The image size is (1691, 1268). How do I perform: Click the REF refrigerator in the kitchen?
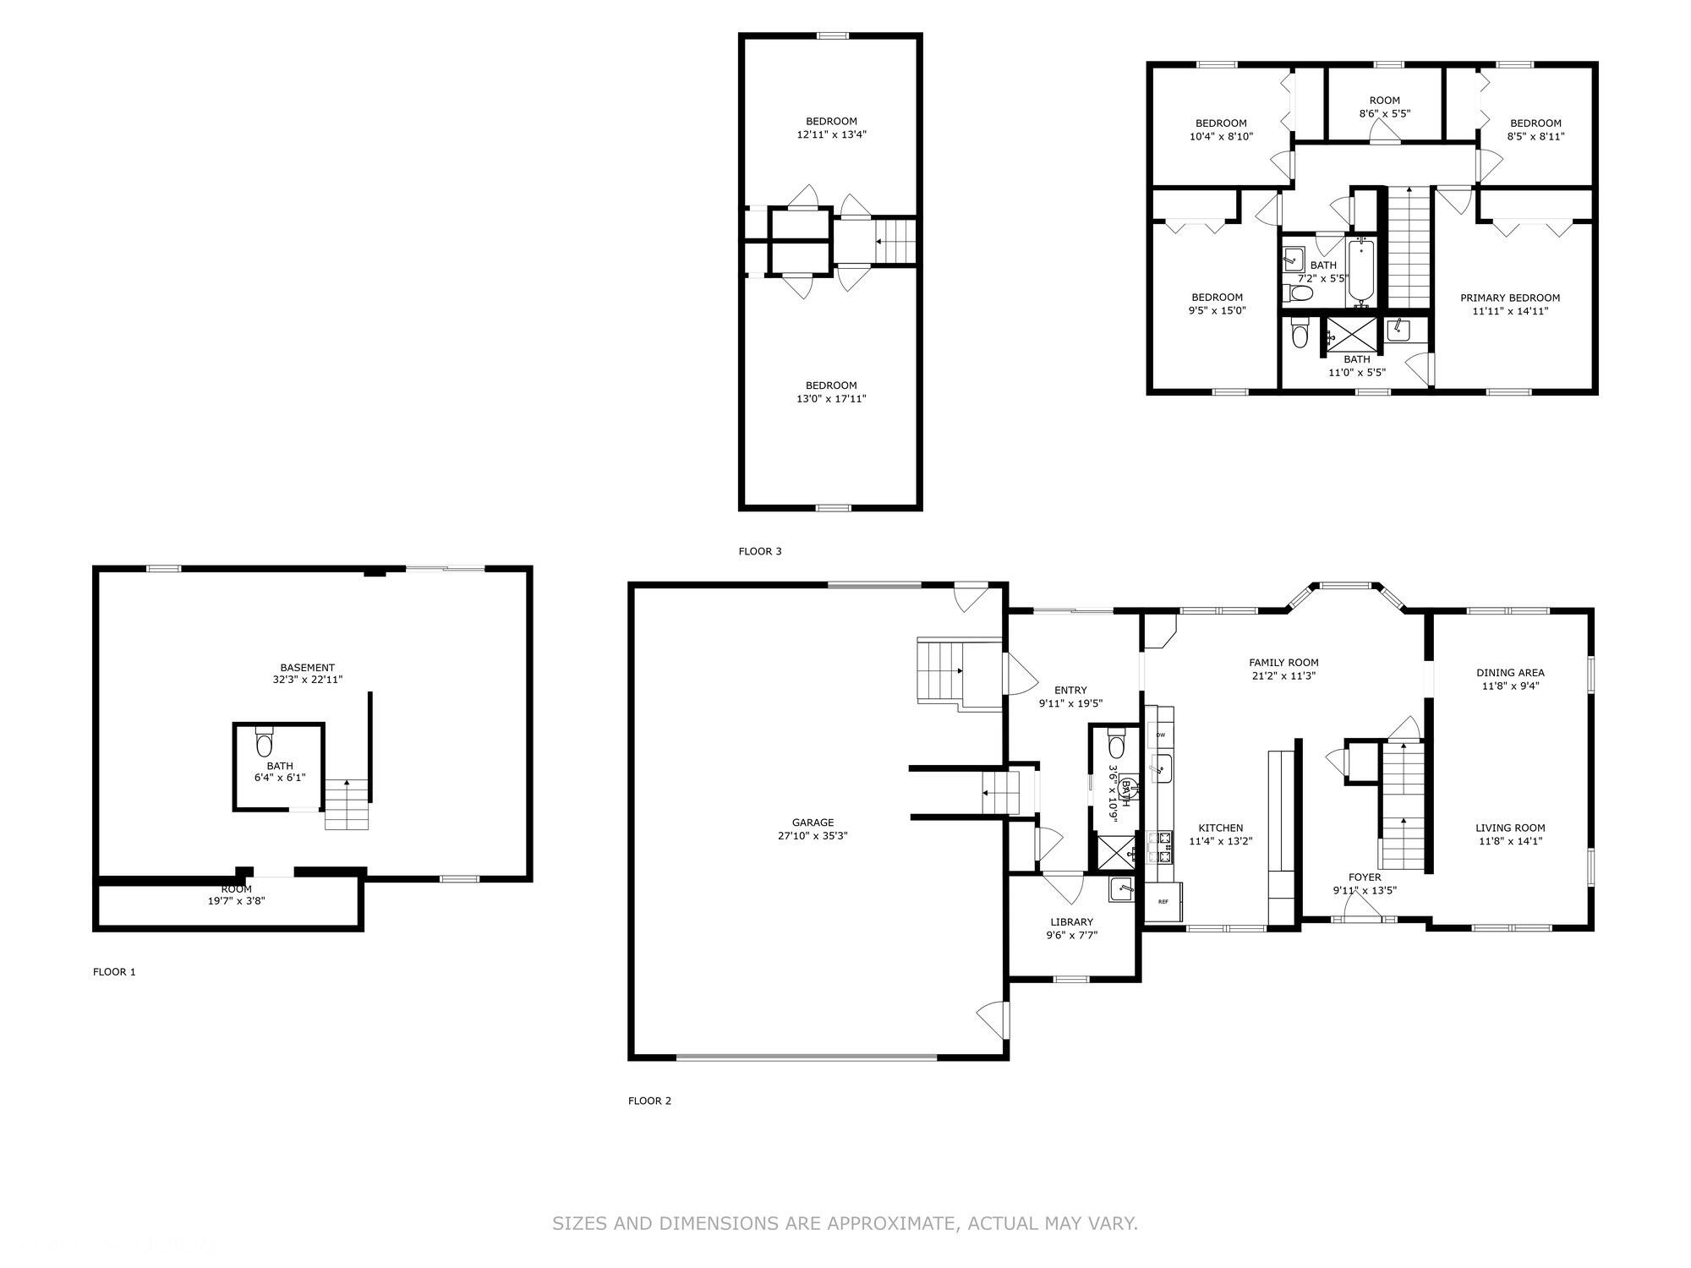[x=1163, y=901]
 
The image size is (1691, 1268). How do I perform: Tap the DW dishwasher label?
[x=1161, y=735]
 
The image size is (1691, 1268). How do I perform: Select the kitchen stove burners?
[x=1161, y=847]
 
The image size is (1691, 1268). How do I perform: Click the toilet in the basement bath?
[x=265, y=741]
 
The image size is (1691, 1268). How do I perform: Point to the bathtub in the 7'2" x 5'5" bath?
[x=1360, y=271]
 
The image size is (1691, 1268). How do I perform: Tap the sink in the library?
[x=1122, y=889]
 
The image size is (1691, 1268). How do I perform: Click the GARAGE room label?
[x=813, y=823]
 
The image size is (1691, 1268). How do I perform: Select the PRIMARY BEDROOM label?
[x=1510, y=298]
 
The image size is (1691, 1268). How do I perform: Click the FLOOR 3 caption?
[x=760, y=551]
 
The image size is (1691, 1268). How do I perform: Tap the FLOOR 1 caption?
[x=114, y=971]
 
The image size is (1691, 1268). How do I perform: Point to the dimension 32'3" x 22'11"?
[x=307, y=679]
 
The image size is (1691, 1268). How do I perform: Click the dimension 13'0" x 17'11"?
[x=831, y=398]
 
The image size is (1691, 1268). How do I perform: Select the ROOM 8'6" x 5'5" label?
[x=1385, y=107]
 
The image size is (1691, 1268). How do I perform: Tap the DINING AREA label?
[x=1510, y=673]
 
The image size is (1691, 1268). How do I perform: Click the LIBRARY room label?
[x=1071, y=921]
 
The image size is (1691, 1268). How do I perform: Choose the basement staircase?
[x=348, y=804]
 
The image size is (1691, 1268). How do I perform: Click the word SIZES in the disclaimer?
[x=580, y=1223]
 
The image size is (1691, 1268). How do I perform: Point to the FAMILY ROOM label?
[x=1283, y=663]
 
